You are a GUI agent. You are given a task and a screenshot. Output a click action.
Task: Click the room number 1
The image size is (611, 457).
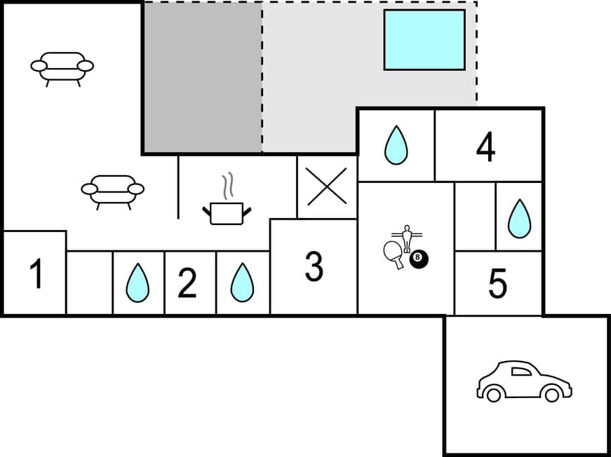point(36,274)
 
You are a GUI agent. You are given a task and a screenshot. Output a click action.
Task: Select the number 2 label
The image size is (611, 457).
point(187,284)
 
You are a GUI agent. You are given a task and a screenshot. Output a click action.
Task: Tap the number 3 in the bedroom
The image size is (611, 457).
point(314,266)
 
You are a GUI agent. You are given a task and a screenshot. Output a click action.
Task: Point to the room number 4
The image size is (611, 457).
point(485,146)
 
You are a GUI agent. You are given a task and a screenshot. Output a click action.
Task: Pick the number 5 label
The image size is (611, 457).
point(497,284)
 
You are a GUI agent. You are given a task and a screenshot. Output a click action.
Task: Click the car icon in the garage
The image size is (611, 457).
point(524,382)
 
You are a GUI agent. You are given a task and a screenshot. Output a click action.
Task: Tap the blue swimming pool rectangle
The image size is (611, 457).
point(424,40)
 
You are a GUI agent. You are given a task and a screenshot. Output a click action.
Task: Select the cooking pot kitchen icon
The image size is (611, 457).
point(227,212)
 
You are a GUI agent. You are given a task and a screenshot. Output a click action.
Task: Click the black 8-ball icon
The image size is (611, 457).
point(419,259)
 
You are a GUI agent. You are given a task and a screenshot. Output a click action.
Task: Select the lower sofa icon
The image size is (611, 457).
point(112,191)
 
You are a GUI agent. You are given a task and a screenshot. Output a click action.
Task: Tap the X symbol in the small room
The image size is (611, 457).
point(327,186)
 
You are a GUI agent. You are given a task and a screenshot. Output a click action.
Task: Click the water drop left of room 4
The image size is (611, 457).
point(396,145)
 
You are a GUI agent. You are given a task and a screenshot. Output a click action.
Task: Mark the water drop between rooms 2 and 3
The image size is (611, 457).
point(242,282)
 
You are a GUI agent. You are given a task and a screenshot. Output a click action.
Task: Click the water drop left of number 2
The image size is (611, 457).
point(137,282)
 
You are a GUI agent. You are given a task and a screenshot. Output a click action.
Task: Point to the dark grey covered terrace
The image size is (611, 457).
point(203,77)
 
